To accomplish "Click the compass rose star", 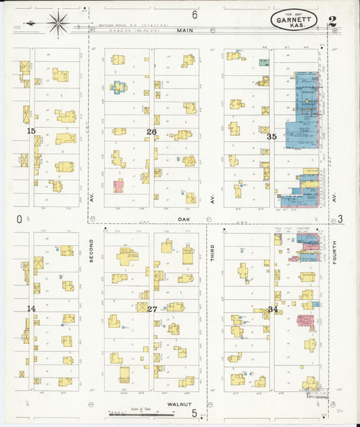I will pos(58,23).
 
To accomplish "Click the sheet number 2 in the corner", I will pos(332,21).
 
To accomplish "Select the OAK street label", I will pos(183,219).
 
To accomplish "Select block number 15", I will pos(30,130).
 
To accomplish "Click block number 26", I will pos(152,131).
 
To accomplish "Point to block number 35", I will pos(272,136).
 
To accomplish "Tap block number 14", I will pos(31,308).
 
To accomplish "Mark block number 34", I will pos(272,309).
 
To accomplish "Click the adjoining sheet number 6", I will pos(195,14).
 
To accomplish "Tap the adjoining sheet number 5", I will pos(194,413).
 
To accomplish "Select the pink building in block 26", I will pos(119,186).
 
